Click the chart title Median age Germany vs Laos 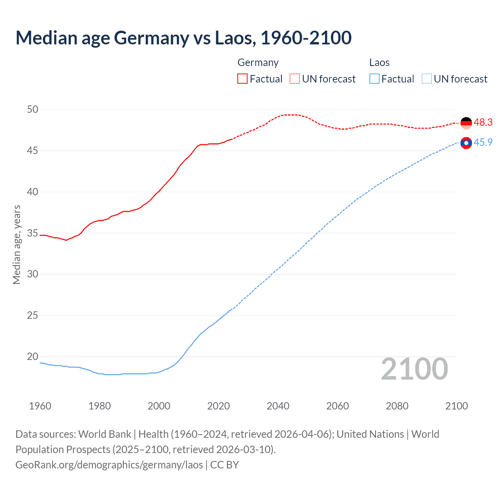coord(183,38)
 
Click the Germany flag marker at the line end coord(466,123)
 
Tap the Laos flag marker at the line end coord(466,143)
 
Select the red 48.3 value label coord(483,123)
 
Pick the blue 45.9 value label coord(483,143)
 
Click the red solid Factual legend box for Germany coord(242,79)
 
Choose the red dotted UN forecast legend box coord(295,79)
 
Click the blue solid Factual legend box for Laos coord(374,79)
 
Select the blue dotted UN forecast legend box coord(426,79)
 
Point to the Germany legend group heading coord(258,63)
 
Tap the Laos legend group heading coord(379,63)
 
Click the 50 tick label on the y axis coord(33,110)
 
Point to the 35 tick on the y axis coord(33,233)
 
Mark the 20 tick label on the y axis coord(33,357)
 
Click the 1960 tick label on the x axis coord(40,406)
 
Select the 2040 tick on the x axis coord(278,406)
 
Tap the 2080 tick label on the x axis coord(397,406)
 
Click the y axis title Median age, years coord(17,244)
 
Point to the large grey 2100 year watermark coord(414,369)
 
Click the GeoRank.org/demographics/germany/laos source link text coord(109,465)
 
